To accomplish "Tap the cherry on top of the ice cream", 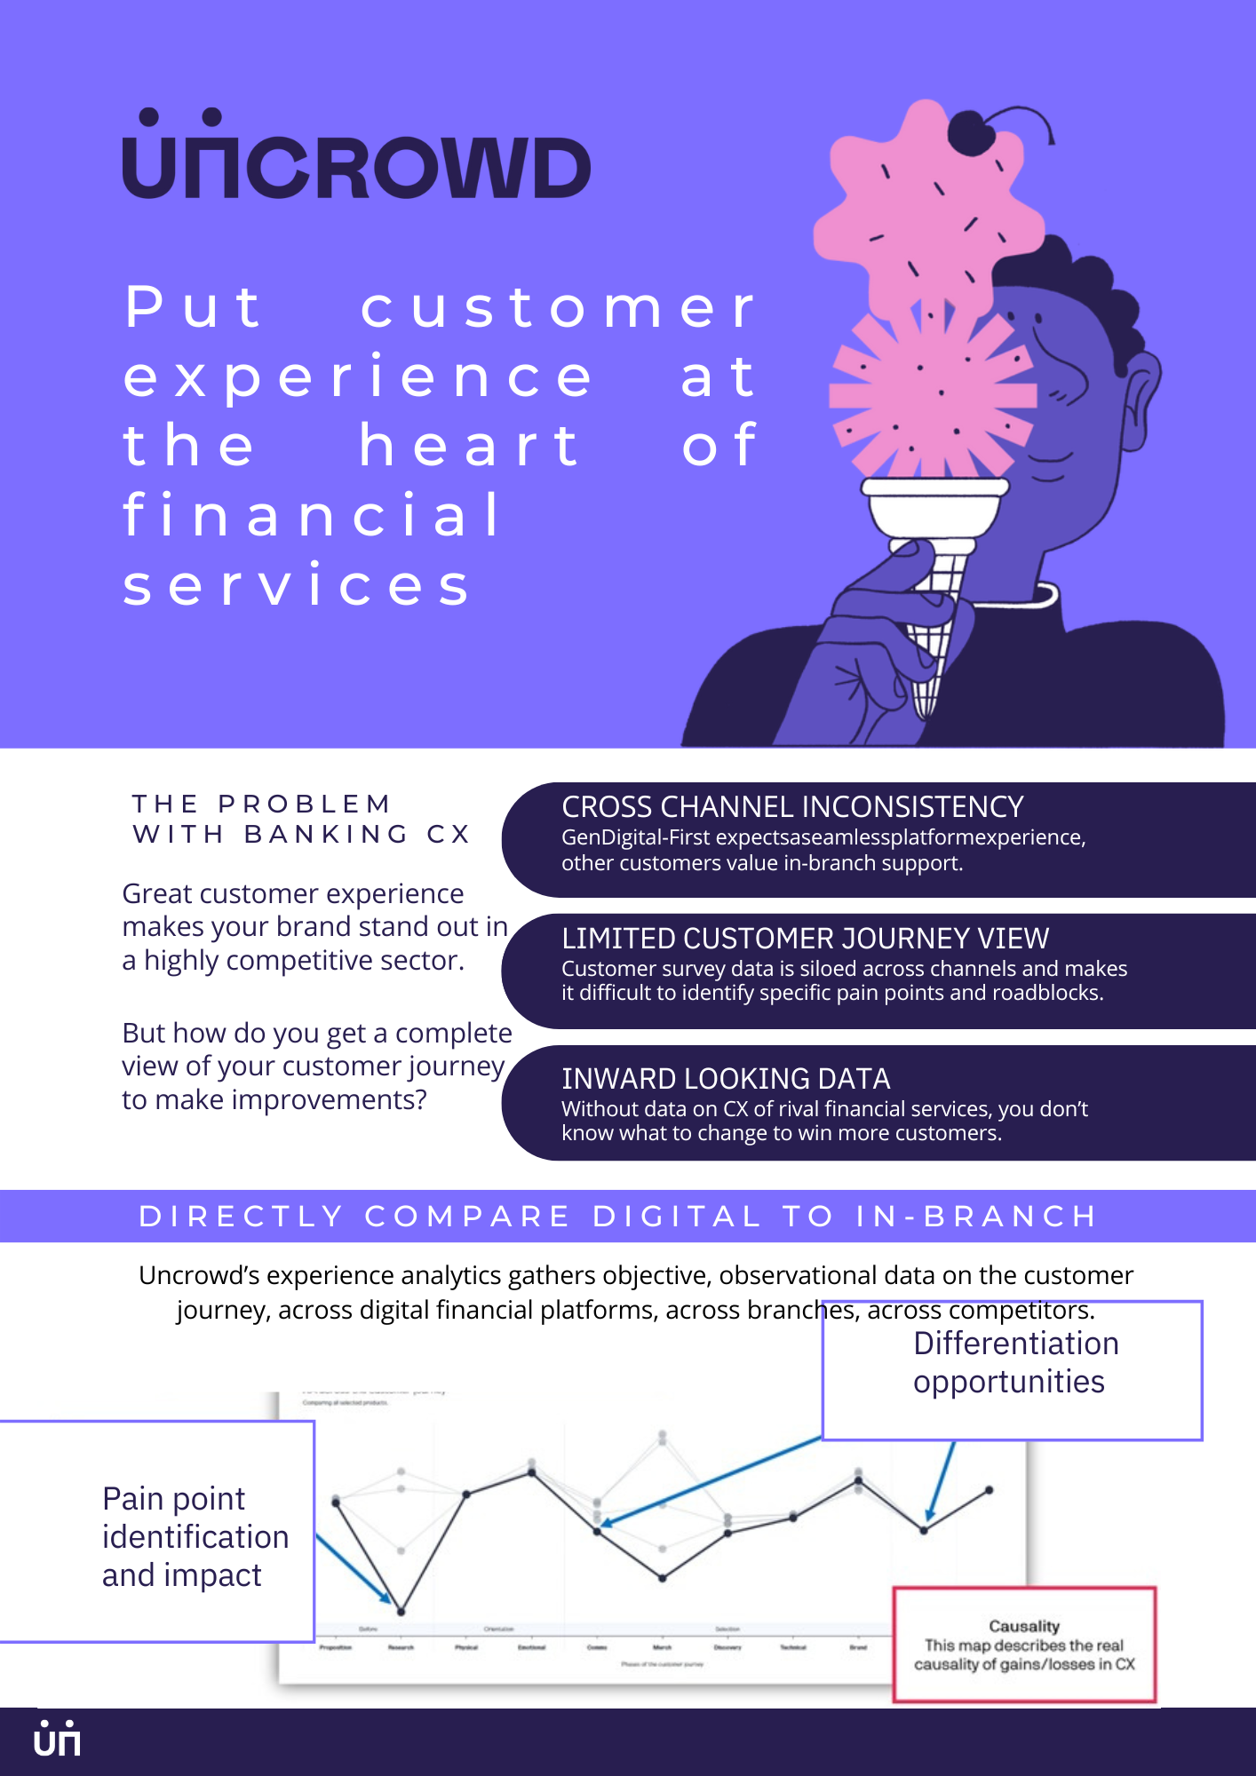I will click(973, 133).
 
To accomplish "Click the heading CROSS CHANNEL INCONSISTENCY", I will click(792, 806).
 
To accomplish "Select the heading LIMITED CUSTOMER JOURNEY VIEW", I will click(805, 938).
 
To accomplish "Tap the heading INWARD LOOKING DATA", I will click(725, 1078).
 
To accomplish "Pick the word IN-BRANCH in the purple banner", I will click(976, 1216).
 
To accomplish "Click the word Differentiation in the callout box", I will click(1015, 1344).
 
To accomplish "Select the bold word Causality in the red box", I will click(1024, 1626).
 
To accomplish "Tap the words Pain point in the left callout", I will click(173, 1499).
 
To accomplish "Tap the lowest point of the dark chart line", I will click(401, 1611).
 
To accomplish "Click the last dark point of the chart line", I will click(989, 1490).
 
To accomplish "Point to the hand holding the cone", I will click(870, 648).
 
